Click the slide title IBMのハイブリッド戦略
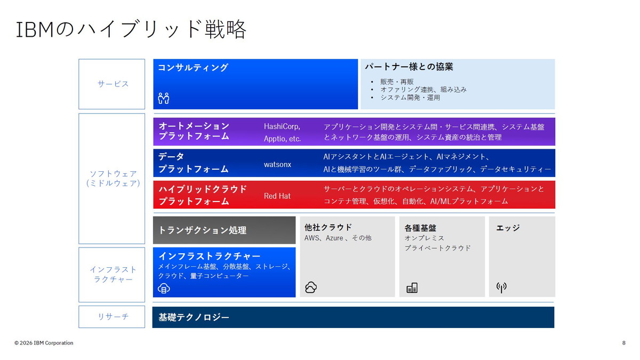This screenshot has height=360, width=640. pos(131,30)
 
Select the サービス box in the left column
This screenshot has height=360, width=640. pos(112,84)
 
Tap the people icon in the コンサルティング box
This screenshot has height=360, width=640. pos(163,98)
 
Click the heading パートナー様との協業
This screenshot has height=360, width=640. pos(409,67)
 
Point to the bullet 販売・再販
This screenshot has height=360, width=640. pos(397,82)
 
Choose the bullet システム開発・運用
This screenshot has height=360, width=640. pos(410,98)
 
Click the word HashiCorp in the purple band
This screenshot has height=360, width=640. pos(282,126)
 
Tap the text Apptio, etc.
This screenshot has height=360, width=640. pos(282,139)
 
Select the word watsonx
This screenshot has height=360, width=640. pos(277,164)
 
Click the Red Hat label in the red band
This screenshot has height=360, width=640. pos(277,196)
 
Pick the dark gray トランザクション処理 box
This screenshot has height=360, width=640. pos(224,230)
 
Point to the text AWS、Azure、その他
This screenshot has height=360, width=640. pos(338,238)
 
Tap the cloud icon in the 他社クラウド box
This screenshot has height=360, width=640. pos(311,287)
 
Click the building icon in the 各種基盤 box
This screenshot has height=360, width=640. pos(412,288)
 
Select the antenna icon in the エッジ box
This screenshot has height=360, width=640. pos(501,287)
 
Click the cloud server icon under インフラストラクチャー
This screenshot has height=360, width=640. pos(164,289)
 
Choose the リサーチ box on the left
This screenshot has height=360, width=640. pos(112,317)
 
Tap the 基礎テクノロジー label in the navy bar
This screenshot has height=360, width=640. pos(194,317)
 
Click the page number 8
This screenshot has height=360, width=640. pos(623,342)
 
